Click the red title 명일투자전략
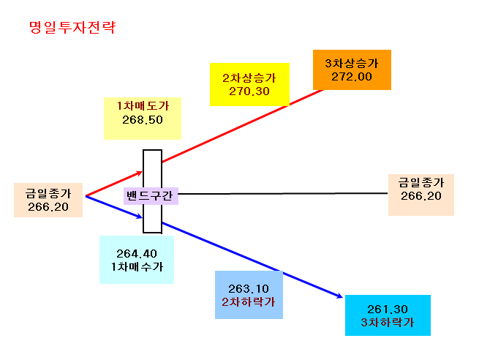pyautogui.click(x=72, y=28)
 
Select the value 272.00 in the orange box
pyautogui.click(x=352, y=77)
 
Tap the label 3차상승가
pyautogui.click(x=352, y=63)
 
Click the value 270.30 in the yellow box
pyautogui.click(x=249, y=91)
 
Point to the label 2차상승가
pyautogui.click(x=249, y=78)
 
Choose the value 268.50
pyautogui.click(x=143, y=120)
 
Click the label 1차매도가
pyautogui.click(x=143, y=106)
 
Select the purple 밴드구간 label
pyautogui.click(x=150, y=195)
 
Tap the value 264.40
pyautogui.click(x=137, y=254)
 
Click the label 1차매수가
pyautogui.click(x=137, y=267)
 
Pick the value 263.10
pyautogui.click(x=249, y=289)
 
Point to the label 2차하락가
pyautogui.click(x=249, y=302)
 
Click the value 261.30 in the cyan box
pyautogui.click(x=388, y=310)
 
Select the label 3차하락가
pyautogui.click(x=388, y=323)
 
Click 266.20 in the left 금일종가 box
pyautogui.click(x=48, y=207)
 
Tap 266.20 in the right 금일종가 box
pyautogui.click(x=421, y=196)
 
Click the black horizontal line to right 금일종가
pyautogui.click(x=283, y=193)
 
